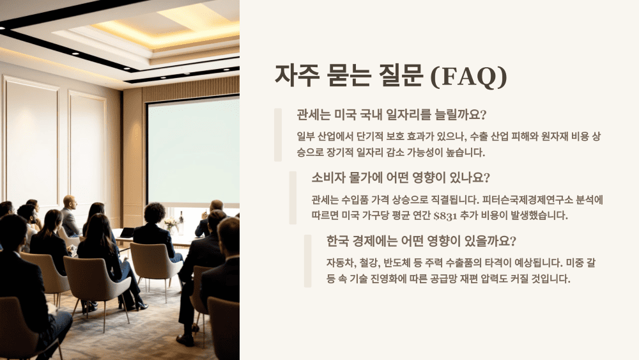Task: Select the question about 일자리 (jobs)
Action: coord(392,115)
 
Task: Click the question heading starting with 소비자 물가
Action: coord(401,177)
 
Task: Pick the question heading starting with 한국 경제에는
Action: coord(421,242)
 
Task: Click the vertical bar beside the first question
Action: coord(278,134)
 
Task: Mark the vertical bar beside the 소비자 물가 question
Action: coord(293,197)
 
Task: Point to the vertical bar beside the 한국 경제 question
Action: coord(307,260)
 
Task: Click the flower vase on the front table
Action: coord(170,224)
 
